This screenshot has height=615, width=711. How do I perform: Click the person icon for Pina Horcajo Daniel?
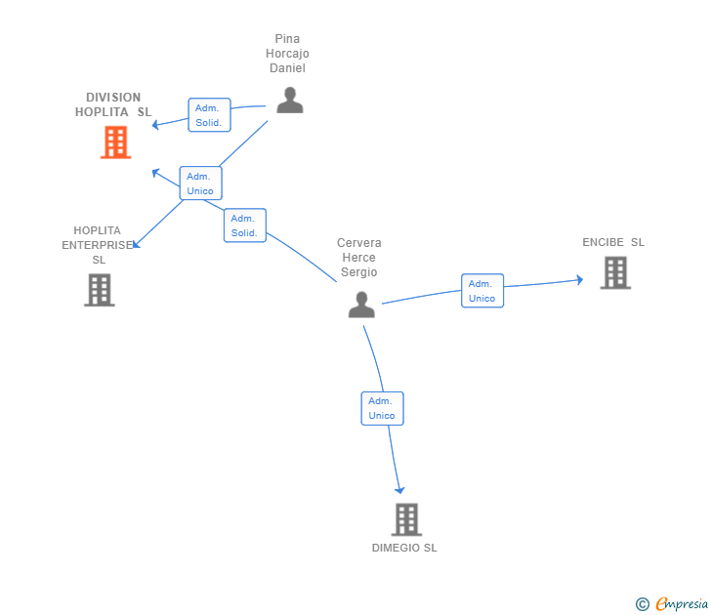point(290,101)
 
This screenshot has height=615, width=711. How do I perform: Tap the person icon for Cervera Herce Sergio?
point(361,305)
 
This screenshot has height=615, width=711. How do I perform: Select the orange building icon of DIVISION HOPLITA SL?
point(115,143)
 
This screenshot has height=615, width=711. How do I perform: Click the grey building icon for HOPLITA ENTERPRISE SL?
point(100,290)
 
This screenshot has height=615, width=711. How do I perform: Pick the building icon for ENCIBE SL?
point(615,272)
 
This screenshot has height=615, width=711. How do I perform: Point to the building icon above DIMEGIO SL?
point(406,519)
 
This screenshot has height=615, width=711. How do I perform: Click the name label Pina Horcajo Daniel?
point(287,54)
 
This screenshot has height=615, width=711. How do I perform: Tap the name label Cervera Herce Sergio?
point(359,258)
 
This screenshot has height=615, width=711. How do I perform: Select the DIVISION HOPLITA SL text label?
point(113,104)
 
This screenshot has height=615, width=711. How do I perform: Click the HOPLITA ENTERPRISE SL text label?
point(98,245)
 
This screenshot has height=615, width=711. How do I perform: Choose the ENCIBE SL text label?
point(613,242)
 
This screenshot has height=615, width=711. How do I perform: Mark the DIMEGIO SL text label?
point(404,548)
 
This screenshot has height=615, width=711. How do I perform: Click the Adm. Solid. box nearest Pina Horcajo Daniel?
point(209,115)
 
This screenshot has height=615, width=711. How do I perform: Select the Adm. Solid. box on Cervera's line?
point(245,225)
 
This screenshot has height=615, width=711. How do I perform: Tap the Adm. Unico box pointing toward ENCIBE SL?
point(482,291)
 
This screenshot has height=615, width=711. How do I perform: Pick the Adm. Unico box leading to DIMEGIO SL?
point(382,408)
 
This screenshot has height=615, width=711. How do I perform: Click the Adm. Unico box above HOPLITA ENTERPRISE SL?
point(200,184)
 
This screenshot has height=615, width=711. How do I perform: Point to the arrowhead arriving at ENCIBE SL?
point(579,280)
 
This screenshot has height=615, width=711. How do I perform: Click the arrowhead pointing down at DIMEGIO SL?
point(399,490)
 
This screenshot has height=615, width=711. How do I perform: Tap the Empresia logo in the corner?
point(672,604)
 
